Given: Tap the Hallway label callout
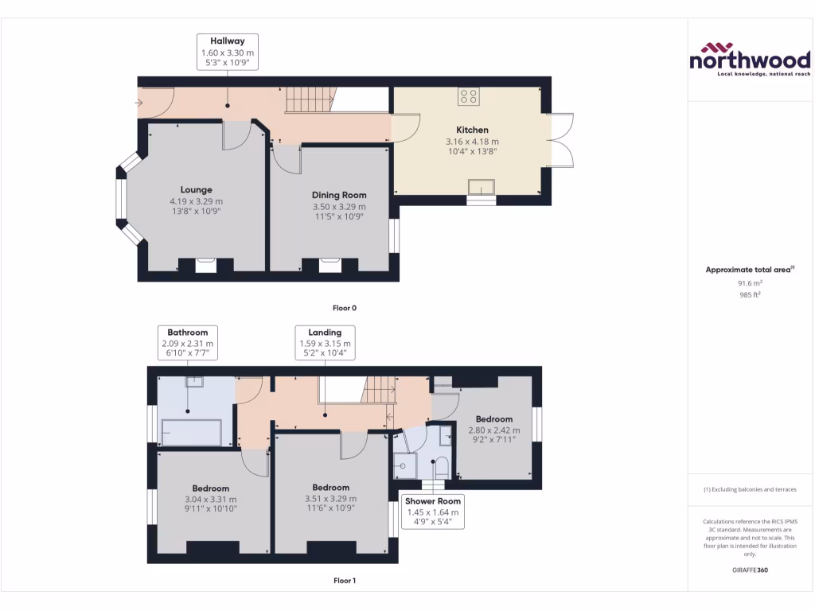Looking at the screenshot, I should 228,51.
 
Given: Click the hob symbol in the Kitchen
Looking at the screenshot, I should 468,96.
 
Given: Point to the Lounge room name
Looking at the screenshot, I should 196,190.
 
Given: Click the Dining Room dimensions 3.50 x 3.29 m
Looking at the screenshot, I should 339,206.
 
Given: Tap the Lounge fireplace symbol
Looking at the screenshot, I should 205,265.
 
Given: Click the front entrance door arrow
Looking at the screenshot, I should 140,102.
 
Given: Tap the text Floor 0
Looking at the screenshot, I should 345,307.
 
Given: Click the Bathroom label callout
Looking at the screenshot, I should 187,343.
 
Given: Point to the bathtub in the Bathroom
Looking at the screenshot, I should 190,433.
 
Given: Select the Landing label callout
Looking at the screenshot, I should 325,343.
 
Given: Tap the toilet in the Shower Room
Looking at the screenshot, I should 443,465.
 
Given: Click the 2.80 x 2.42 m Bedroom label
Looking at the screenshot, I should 493,430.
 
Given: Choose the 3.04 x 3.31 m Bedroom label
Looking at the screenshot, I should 210,499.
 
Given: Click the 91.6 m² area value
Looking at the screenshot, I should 749,282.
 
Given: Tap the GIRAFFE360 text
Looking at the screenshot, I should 749,570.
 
